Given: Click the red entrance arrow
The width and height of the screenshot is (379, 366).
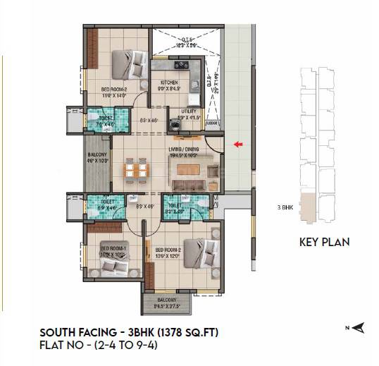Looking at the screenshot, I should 239,145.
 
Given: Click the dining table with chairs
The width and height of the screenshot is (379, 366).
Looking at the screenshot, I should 135,169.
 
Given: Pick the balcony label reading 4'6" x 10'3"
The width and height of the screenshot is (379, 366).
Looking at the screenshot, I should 97,157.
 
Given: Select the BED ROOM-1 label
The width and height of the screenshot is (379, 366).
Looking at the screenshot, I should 113,250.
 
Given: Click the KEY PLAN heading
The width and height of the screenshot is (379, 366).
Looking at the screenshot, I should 324,242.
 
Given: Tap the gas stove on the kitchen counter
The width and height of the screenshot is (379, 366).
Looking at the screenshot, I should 188,68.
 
